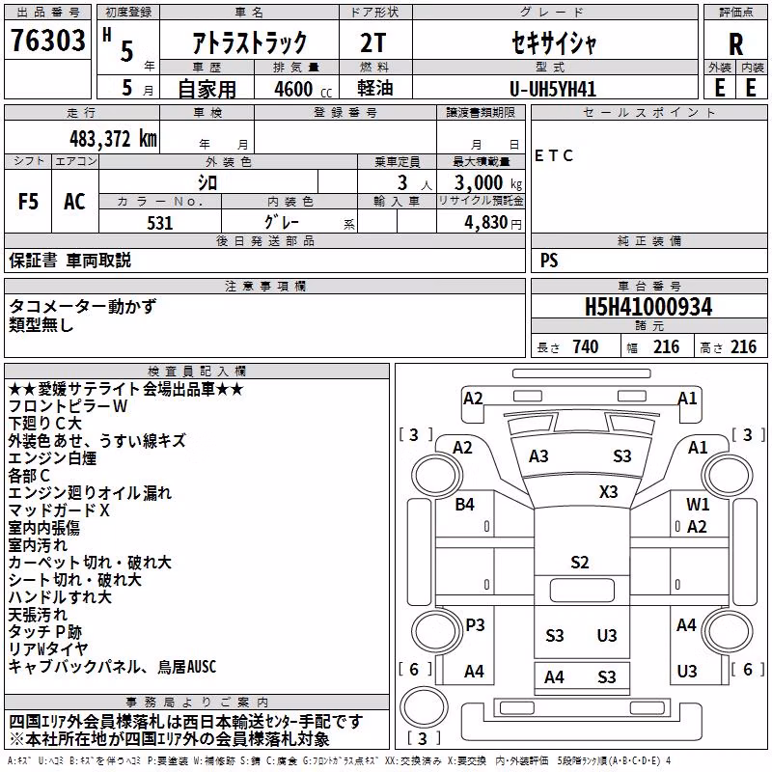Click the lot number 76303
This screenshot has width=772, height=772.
click(x=47, y=40)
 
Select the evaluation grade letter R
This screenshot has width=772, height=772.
click(x=735, y=44)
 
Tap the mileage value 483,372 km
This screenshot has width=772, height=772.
click(x=113, y=139)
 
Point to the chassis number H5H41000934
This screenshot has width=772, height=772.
click(x=648, y=307)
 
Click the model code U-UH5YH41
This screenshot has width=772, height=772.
click(x=553, y=89)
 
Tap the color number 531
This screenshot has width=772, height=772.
click(x=160, y=223)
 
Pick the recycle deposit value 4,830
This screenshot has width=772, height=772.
click(x=486, y=223)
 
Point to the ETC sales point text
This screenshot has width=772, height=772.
click(x=554, y=155)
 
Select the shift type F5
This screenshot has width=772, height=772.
click(x=28, y=202)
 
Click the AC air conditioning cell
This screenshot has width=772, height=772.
click(x=74, y=202)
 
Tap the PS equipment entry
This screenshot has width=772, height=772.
click(x=549, y=260)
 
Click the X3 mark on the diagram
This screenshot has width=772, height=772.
click(x=609, y=492)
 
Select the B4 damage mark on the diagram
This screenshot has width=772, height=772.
click(x=464, y=504)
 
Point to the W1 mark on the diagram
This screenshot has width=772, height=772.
click(x=698, y=504)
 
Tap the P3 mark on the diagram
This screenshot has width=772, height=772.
click(x=475, y=624)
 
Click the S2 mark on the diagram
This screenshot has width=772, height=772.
click(x=580, y=563)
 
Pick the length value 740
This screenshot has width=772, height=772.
click(x=586, y=346)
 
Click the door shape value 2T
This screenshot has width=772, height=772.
click(x=373, y=42)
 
